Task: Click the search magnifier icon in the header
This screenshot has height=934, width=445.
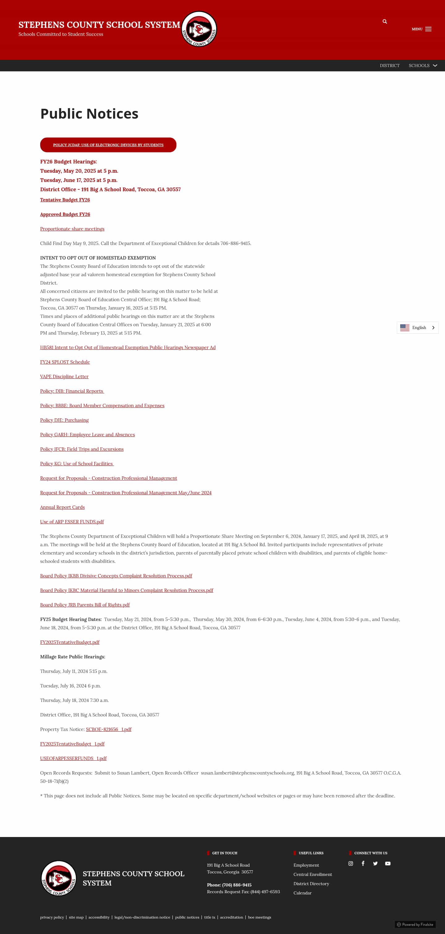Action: pyautogui.click(x=384, y=21)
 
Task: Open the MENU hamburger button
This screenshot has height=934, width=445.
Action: pyautogui.click(x=422, y=29)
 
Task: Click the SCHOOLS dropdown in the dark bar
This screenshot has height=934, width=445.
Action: pyautogui.click(x=422, y=66)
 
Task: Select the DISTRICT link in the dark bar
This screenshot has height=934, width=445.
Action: pyautogui.click(x=389, y=66)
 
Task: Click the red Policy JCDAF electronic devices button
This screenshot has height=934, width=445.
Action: pyautogui.click(x=108, y=145)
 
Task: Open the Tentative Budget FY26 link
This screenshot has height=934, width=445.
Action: pyautogui.click(x=65, y=200)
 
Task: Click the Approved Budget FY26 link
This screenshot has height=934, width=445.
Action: pyautogui.click(x=65, y=214)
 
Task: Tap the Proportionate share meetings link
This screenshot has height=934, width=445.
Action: pyautogui.click(x=72, y=229)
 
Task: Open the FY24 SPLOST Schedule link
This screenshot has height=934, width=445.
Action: pyautogui.click(x=65, y=362)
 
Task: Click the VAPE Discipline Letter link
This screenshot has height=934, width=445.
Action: pyautogui.click(x=64, y=376)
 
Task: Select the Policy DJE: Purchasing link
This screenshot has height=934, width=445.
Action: pyautogui.click(x=64, y=420)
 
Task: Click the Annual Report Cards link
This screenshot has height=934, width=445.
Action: pyautogui.click(x=62, y=507)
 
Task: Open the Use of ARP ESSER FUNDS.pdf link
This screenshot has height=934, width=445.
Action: pyautogui.click(x=72, y=522)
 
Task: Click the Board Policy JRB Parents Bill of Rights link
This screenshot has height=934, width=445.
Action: pyautogui.click(x=85, y=605)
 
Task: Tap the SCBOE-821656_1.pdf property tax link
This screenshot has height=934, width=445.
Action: pyautogui.click(x=108, y=729)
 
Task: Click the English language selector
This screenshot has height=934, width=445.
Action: pyautogui.click(x=417, y=328)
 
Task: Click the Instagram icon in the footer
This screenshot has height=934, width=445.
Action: pyautogui.click(x=350, y=863)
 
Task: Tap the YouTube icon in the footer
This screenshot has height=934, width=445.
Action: pyautogui.click(x=388, y=863)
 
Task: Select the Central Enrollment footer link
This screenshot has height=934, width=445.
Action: pyautogui.click(x=312, y=874)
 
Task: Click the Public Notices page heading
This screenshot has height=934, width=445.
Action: pyautogui.click(x=89, y=113)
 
